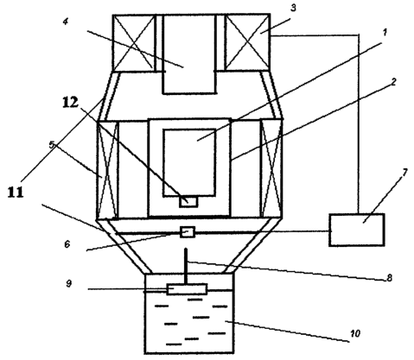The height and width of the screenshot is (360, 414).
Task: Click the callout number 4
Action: click(x=66, y=22)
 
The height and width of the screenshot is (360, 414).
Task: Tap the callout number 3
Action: click(x=293, y=8)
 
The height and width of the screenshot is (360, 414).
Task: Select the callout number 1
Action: click(x=385, y=33)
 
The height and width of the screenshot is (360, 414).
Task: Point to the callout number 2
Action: click(x=393, y=82)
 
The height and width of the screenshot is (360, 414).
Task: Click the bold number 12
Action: click(x=70, y=103)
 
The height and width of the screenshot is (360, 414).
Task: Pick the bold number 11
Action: click(x=16, y=192)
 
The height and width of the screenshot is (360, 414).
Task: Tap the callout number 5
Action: click(x=52, y=145)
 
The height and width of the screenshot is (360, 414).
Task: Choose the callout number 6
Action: click(x=67, y=244)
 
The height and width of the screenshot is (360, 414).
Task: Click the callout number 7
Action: click(x=404, y=173)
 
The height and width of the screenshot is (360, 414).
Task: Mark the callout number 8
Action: click(x=389, y=278)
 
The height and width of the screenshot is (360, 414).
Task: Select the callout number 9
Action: click(x=68, y=283)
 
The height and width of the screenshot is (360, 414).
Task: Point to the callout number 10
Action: click(x=355, y=333)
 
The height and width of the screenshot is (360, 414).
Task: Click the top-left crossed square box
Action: click(x=134, y=42)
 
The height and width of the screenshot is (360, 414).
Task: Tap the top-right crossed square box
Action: click(x=248, y=42)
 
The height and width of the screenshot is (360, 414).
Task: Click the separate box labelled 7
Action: click(x=357, y=230)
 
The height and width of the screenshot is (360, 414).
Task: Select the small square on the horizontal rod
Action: click(x=188, y=232)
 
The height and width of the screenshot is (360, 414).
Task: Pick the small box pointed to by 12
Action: click(x=188, y=202)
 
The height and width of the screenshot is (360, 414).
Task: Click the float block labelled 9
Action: click(x=187, y=289)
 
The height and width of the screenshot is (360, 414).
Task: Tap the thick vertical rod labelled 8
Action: click(x=186, y=266)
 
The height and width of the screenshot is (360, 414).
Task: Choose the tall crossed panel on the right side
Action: click(x=271, y=169)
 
